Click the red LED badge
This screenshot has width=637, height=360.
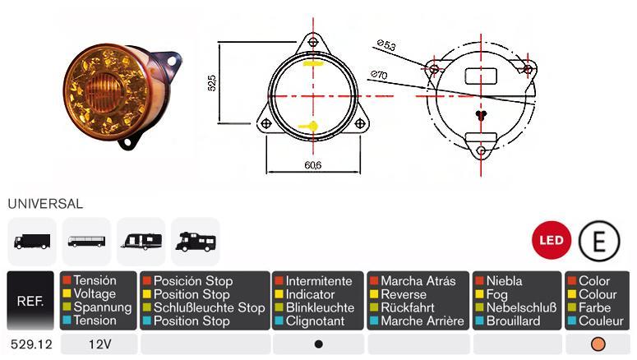[x=552, y=240]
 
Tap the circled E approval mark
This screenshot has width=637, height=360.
[x=599, y=241]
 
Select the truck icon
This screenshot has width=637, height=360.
[x=32, y=242]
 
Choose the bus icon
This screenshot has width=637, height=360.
[x=86, y=242]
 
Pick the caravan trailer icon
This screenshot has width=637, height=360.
[x=141, y=241]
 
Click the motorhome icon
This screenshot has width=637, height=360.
[x=196, y=242]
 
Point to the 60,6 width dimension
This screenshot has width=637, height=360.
[x=313, y=165]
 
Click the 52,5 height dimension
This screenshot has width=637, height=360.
[x=212, y=83]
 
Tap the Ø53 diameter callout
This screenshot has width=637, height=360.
[x=386, y=44]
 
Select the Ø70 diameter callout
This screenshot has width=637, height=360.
[x=379, y=75]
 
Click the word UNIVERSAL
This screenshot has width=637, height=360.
[x=45, y=204]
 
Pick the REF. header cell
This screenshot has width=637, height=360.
[x=30, y=301]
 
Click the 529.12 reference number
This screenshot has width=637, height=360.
[x=31, y=344]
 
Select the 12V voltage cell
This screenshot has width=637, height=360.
[x=99, y=344]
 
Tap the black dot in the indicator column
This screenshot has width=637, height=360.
[x=319, y=344]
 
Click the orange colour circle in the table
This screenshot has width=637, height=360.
[x=598, y=344]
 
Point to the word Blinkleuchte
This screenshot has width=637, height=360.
[x=320, y=307]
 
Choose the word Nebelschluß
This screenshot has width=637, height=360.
[x=522, y=307]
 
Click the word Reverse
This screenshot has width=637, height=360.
[x=404, y=294]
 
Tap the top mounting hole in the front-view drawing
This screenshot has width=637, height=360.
[x=313, y=42]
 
